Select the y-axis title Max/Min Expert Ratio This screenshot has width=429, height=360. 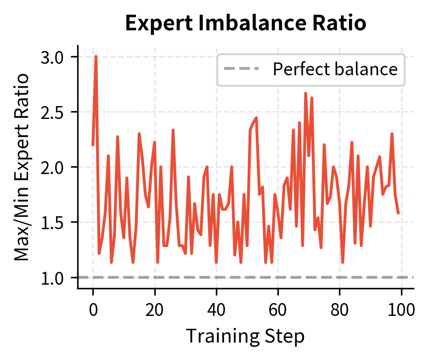point(22,167)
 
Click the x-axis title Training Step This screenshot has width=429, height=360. point(245,336)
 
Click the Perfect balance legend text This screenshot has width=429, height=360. point(335,69)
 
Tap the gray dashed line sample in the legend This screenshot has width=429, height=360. point(242,69)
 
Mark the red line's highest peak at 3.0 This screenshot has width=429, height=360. point(96,56)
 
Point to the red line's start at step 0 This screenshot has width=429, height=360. point(93,145)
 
